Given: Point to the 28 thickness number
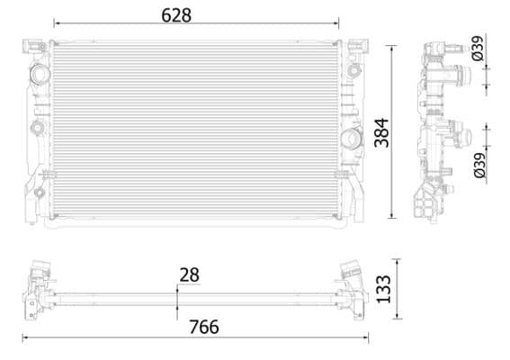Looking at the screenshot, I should [x=189, y=274].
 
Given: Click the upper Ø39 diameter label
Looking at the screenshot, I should [x=478, y=48].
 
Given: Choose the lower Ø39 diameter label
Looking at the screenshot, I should [x=478, y=164].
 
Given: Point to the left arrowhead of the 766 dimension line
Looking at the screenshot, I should [x=25, y=338].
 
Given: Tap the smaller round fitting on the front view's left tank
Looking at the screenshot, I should [x=37, y=128].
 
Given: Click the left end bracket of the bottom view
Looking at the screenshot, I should [x=37, y=288].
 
